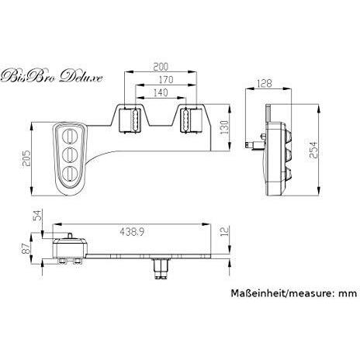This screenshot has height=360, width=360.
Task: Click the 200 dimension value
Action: tap(161, 67)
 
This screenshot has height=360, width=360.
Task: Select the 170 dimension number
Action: tap(166, 80)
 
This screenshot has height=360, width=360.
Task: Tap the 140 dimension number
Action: tap(161, 92)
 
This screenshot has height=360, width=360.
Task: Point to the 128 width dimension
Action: tap(265, 84)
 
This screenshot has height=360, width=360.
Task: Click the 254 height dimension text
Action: tap(313, 150)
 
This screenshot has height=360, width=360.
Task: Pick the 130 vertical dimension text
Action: tap(224, 127)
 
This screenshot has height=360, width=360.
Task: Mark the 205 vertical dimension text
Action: tap(26, 158)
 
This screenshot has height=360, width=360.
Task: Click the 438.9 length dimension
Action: tap(132, 232)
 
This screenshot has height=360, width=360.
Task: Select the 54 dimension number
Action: tap(38, 215)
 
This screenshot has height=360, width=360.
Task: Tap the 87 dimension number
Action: tap(26, 248)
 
